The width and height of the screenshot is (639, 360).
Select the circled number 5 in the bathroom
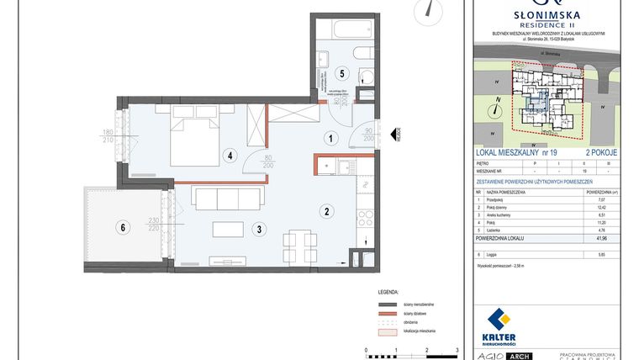point(341,73)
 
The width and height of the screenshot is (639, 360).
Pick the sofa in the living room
point(216,199)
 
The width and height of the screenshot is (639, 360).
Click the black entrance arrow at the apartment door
point(395,133)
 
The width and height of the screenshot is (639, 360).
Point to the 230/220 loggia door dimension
point(153,225)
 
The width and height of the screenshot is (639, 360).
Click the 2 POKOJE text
point(599,152)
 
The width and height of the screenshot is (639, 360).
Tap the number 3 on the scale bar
point(457,347)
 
